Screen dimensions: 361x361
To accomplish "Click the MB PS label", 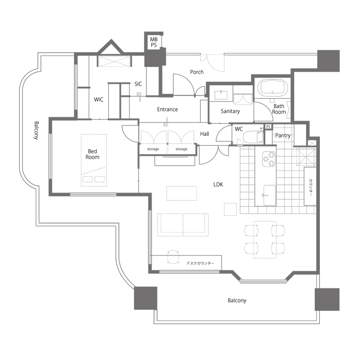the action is [x=154, y=42].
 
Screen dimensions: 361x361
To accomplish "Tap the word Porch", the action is [x=197, y=72].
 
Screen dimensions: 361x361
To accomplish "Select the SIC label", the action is [x=138, y=84].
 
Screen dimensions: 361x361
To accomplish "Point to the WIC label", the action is [x=99, y=100].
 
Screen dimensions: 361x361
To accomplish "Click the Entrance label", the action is [x=168, y=109].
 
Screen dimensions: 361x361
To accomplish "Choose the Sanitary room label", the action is [x=230, y=111].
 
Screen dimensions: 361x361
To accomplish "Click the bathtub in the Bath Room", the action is [x=273, y=88].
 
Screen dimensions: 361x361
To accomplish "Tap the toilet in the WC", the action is [x=253, y=136].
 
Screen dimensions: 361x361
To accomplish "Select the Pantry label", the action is [x=283, y=135].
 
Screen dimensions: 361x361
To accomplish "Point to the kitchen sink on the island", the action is [x=270, y=195].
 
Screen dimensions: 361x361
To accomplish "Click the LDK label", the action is [x=218, y=184].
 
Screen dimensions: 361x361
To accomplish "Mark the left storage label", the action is [x=153, y=149].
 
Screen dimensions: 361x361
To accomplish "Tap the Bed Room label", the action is [x=92, y=154].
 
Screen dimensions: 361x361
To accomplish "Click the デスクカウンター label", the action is [x=200, y=263].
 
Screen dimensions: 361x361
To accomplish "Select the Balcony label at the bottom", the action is [x=237, y=300].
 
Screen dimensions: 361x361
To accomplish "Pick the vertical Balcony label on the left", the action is [x=36, y=131].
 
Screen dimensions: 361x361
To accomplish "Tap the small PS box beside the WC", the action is [x=268, y=127].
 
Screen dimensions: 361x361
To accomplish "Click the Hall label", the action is [x=204, y=134].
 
